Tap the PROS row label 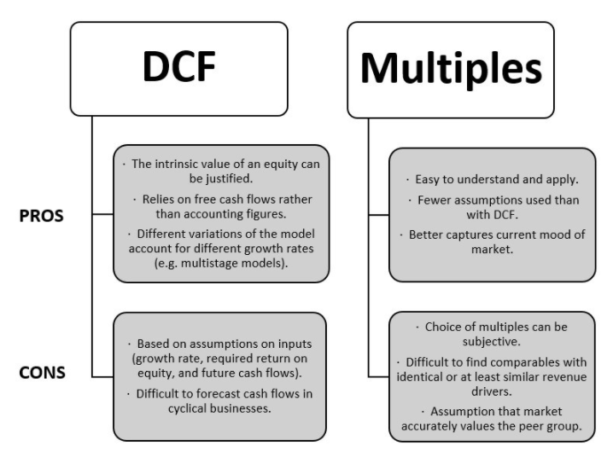click(44, 217)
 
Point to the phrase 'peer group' click(552, 425)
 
